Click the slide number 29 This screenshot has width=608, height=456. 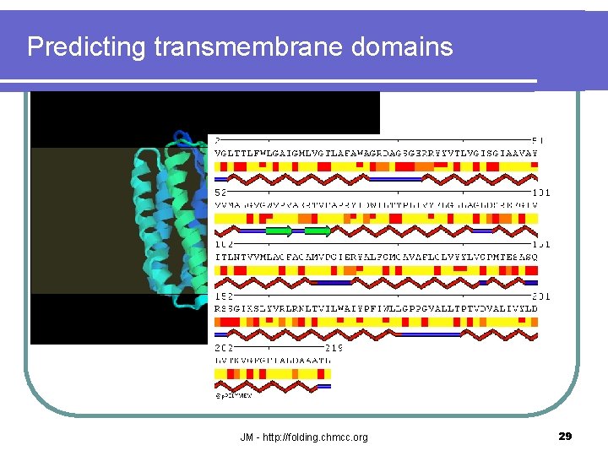566,437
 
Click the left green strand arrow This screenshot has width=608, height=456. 279,231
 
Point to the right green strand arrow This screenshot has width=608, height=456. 318,231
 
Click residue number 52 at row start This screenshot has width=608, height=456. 222,193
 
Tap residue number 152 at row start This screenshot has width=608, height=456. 225,296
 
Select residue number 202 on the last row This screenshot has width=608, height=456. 225,347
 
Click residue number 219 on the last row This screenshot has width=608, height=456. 334,347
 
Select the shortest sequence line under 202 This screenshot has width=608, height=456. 273,360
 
